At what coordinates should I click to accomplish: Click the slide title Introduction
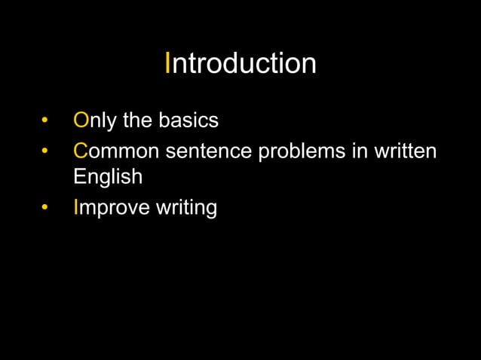click(240, 63)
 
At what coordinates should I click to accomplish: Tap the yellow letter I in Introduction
click(168, 63)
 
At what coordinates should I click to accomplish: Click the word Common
click(117, 151)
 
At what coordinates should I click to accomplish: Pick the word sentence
click(209, 151)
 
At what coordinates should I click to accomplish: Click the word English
click(108, 178)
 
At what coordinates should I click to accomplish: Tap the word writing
click(186, 207)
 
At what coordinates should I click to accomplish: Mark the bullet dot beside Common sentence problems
click(46, 151)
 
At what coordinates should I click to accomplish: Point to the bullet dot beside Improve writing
click(46, 207)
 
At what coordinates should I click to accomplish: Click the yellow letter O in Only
click(81, 121)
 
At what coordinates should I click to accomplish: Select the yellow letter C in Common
click(81, 151)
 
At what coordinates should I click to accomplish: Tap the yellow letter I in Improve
click(76, 206)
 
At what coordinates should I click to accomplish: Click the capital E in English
click(79, 177)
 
